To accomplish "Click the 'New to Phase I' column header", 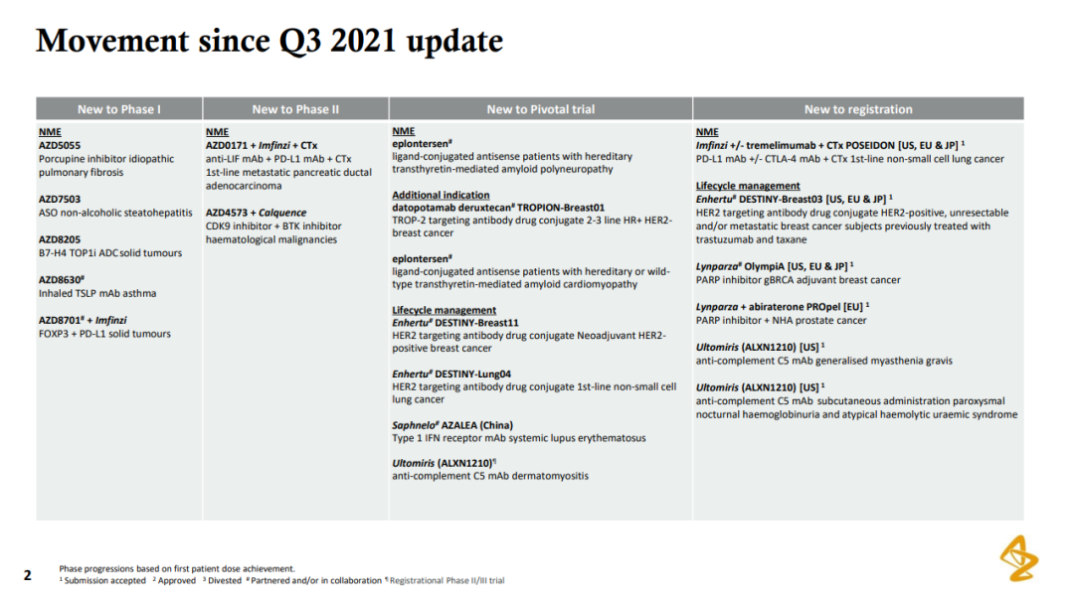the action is (119, 109).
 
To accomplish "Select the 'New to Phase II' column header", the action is (295, 109).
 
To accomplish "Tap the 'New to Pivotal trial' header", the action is (540, 109).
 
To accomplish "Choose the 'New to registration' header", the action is (858, 109).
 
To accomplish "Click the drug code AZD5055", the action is (60, 146).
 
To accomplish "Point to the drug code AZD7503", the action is (60, 199).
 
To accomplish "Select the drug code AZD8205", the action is (60, 239).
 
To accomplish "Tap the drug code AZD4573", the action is (227, 213).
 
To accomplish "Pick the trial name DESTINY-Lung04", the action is (472, 375).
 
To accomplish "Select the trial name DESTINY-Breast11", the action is (476, 323).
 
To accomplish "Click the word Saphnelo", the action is (414, 425).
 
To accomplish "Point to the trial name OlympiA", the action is (765, 266).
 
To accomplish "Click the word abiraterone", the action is (777, 307).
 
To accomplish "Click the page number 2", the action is (28, 575).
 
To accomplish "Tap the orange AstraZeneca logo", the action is (1019, 558).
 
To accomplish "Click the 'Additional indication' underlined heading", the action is (441, 195).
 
